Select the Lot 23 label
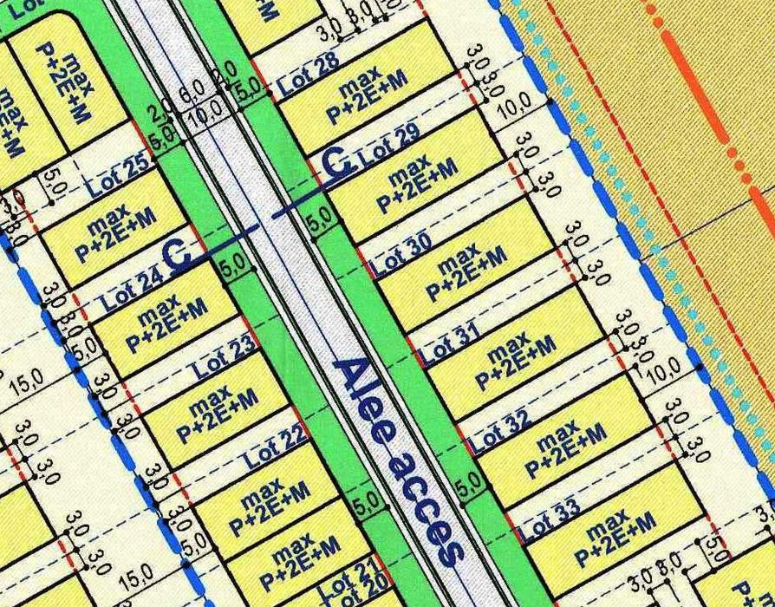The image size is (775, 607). click(x=225, y=358)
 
